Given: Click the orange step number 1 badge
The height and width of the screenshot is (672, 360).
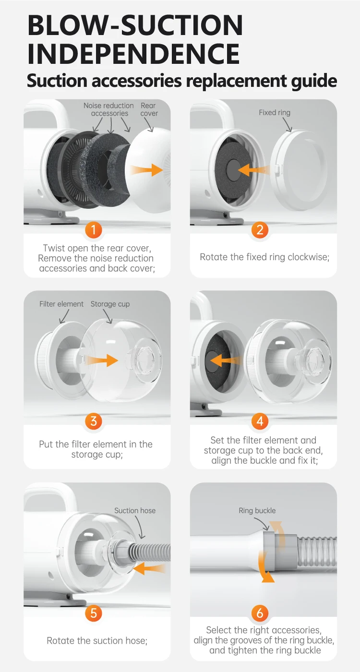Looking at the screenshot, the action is click(93, 230).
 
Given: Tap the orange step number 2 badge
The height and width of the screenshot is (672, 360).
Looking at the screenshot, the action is click(260, 230).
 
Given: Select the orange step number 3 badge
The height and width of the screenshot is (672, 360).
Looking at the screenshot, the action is click(94, 421).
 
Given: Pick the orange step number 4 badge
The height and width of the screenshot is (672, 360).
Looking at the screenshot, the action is click(260, 421).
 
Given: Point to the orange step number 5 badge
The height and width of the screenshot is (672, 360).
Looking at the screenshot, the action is click(94, 613).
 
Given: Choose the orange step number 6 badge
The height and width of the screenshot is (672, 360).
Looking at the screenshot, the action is click(260, 613).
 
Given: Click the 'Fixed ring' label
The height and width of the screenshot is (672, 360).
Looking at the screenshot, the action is click(275, 113).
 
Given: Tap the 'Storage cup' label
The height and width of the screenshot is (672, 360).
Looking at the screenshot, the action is click(110, 304).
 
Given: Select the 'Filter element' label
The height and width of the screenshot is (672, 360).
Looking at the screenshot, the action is click(61, 304).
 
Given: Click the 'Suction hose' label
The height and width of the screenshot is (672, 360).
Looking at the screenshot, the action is click(135, 511).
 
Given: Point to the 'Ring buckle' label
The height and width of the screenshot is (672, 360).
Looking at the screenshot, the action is click(257, 511).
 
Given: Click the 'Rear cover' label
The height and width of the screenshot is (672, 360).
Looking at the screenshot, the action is click(149, 109).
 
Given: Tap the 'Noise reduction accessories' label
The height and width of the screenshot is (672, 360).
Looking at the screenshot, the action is click(109, 109).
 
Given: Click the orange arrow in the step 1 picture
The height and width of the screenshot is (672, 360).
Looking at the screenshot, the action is click(146, 170).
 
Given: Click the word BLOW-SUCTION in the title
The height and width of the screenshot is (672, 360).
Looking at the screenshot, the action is click(135, 25).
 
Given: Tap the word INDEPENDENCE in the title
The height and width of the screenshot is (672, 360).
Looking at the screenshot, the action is click(133, 54).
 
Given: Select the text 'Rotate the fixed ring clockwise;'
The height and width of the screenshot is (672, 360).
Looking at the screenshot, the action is click(264, 257).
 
